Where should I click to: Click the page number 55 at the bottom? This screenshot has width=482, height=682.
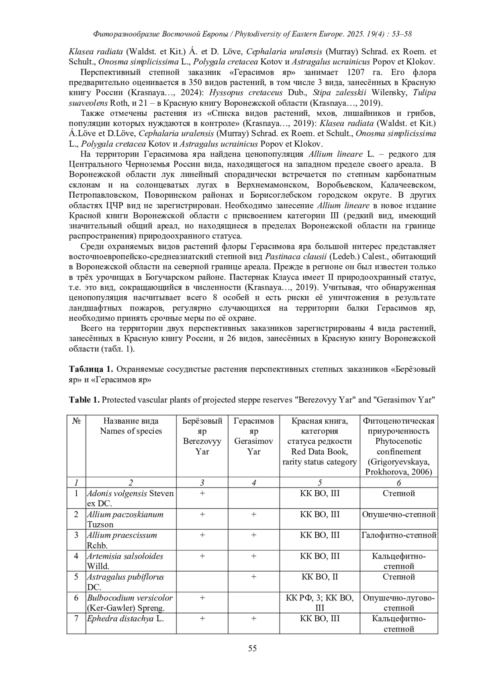coord(252,648)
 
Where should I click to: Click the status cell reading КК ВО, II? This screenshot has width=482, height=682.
coord(319,577)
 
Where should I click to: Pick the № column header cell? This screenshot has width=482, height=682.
coord(76,421)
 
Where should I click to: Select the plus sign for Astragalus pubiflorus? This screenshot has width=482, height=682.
coord(254,577)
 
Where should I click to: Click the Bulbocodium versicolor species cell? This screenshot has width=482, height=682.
coord(130,602)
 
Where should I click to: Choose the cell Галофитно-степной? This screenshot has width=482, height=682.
coord(399,535)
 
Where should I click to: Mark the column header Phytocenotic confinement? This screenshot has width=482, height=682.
coord(399,446)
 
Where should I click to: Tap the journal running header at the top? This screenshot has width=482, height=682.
coord(252,34)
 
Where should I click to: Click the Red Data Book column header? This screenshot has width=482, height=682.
coord(319,441)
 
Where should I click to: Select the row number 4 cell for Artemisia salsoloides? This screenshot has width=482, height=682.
coord(76,556)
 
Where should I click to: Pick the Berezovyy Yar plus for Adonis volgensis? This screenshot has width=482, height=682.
coord(202,493)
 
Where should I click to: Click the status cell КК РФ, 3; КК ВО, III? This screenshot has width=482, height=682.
coord(319,602)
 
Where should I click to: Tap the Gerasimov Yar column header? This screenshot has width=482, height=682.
coord(254,436)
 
